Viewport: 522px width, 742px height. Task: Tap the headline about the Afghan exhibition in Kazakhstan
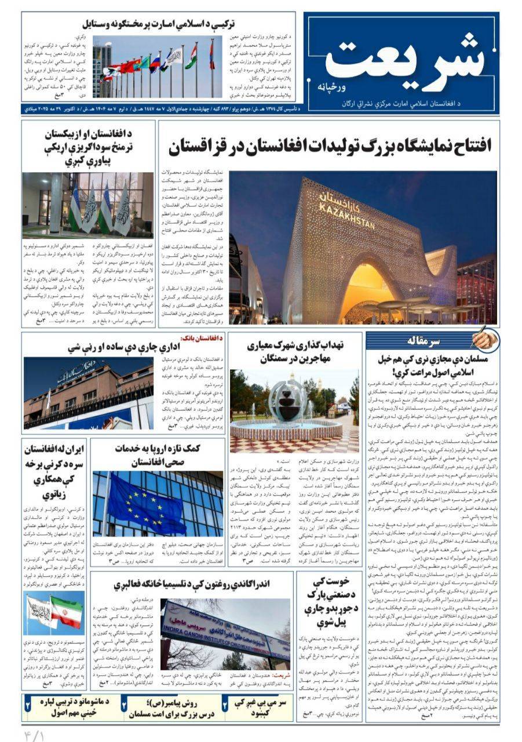(x=330, y=147)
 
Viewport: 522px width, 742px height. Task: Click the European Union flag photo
(x=157, y=504)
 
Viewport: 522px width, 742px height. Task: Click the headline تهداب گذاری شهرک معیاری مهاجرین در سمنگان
(x=295, y=352)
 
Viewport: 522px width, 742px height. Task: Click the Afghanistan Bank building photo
(x=89, y=392)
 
